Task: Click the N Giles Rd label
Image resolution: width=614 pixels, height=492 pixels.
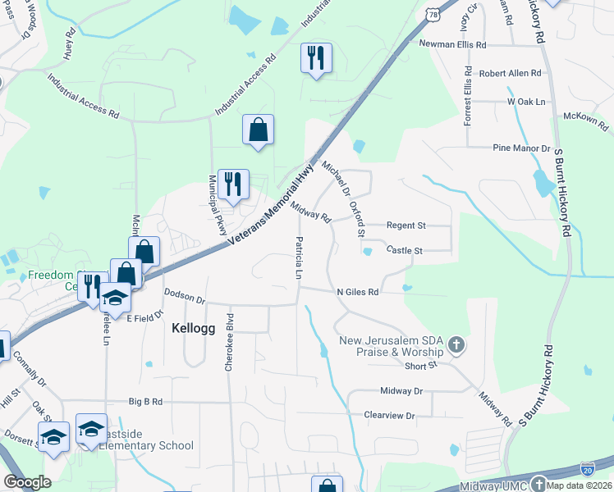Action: pyautogui.click(x=358, y=291)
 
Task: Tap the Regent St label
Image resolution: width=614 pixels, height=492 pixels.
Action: pyautogui.click(x=407, y=225)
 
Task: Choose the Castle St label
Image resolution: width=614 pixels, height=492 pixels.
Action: pyautogui.click(x=404, y=250)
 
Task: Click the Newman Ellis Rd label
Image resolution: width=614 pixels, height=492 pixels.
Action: pyautogui.click(x=452, y=44)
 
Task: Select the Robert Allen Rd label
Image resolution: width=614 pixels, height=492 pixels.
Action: pyautogui.click(x=511, y=73)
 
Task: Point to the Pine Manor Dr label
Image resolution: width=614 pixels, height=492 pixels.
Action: pyautogui.click(x=521, y=148)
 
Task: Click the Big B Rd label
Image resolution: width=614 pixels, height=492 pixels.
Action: pyautogui.click(x=146, y=402)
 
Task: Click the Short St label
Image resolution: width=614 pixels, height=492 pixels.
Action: pyautogui.click(x=419, y=366)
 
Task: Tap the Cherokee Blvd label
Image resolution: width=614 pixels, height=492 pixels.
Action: pyautogui.click(x=230, y=342)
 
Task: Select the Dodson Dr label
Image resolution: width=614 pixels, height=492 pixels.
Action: pyautogui.click(x=184, y=291)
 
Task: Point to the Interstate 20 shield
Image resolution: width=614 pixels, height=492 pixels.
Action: pyautogui.click(x=588, y=468)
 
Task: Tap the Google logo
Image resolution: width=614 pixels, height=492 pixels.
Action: pyautogui.click(x=27, y=482)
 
